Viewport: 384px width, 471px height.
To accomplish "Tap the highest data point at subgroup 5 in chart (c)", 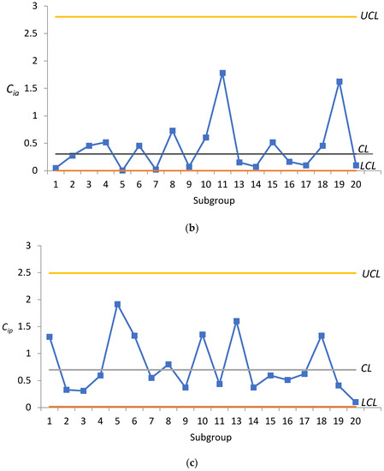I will coord(117,304).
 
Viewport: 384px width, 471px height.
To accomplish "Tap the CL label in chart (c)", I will coord(363,369).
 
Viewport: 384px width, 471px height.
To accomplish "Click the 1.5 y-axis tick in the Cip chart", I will coord(34,326).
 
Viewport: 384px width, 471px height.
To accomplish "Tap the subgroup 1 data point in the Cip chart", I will coord(50,337).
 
